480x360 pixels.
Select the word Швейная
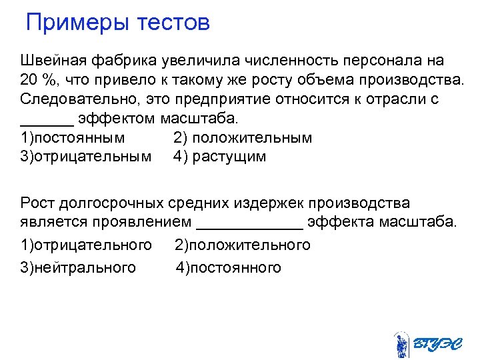pos(53,62)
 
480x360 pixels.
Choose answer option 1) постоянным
pos(73,138)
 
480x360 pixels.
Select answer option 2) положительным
pos(243,138)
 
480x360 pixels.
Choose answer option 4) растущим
pos(220,157)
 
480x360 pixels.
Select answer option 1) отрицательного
pos(86,245)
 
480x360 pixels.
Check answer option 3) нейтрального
pos(78,268)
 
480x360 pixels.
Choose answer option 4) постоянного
pos(229,268)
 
